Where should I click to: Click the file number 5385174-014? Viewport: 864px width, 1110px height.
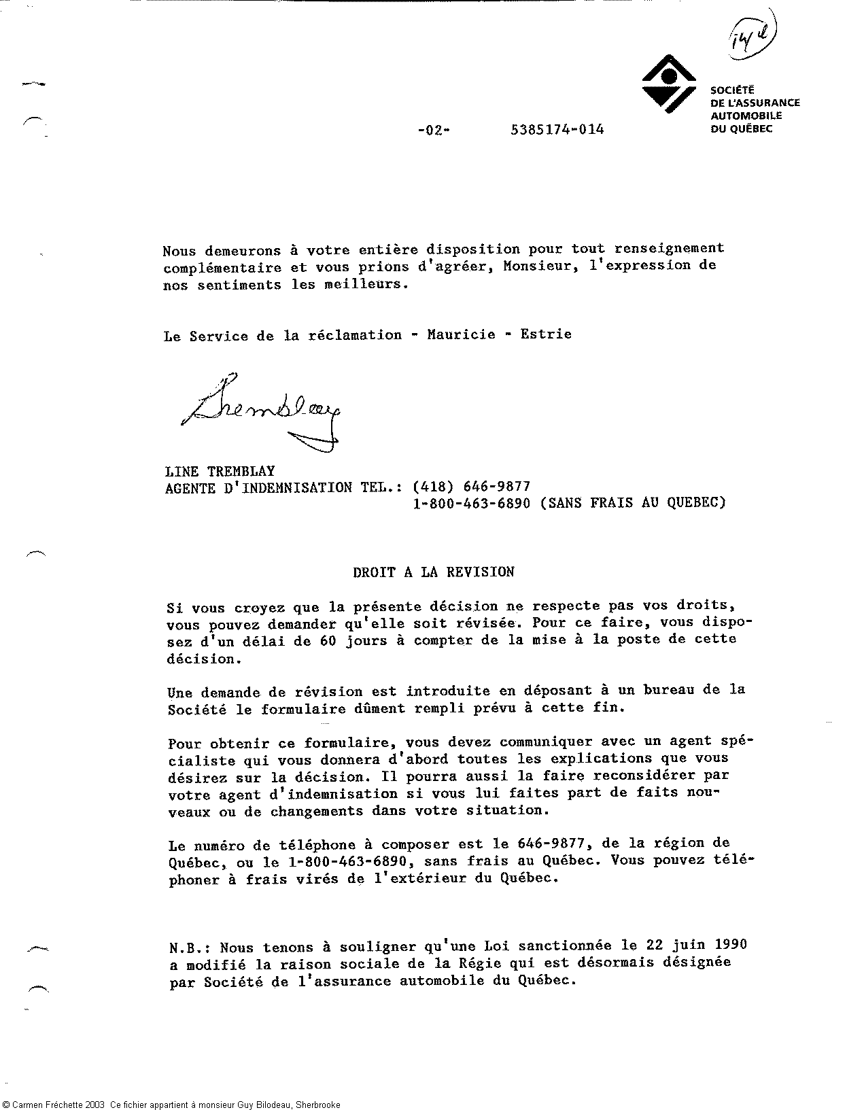tap(556, 129)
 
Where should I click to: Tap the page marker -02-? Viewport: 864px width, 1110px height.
tap(433, 130)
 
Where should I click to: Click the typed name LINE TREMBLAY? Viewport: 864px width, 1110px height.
tap(220, 471)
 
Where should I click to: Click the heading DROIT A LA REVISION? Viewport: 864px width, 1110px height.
tap(433, 572)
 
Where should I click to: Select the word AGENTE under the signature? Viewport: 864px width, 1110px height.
tap(190, 487)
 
